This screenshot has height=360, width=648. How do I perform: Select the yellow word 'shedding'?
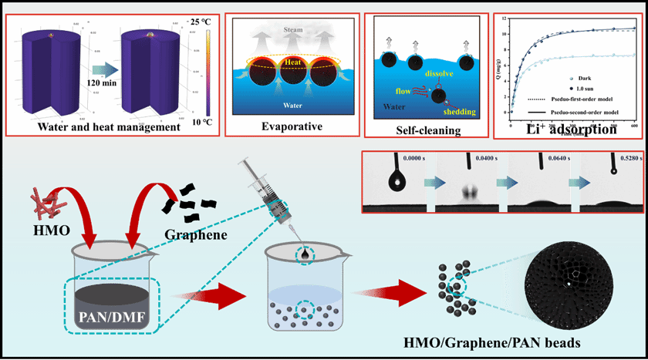pos(459,112)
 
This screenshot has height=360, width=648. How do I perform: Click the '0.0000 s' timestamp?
pos(390,158)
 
